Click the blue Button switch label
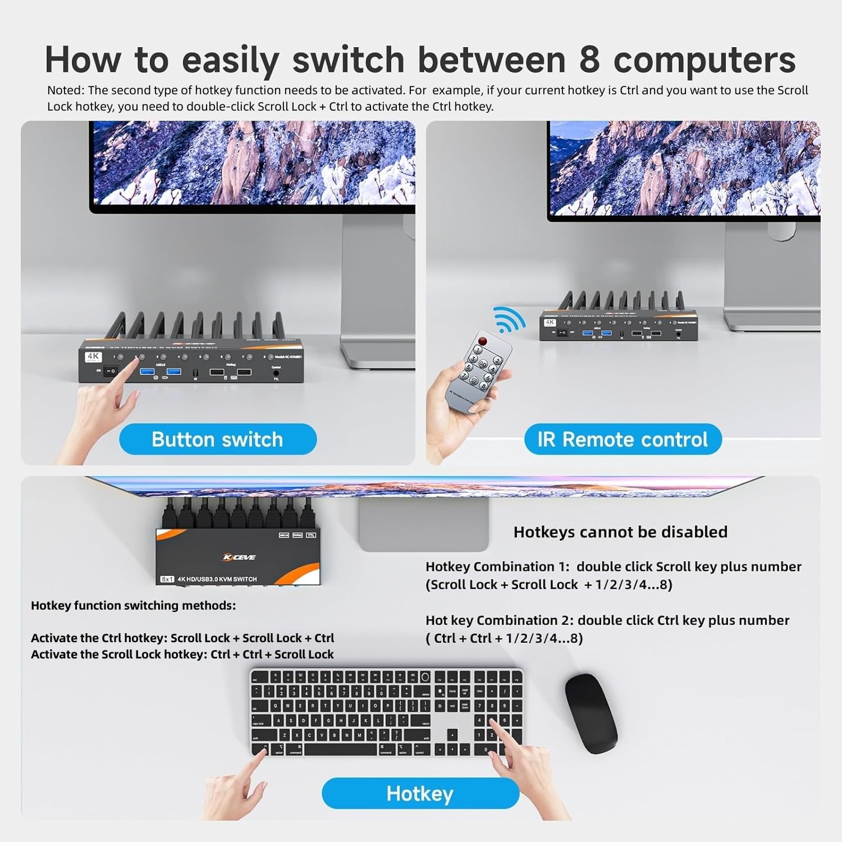click(x=218, y=440)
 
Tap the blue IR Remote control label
click(x=623, y=440)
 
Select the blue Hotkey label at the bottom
click(x=420, y=794)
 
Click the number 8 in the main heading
click(x=589, y=60)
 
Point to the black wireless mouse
click(x=591, y=713)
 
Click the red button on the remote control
click(x=483, y=341)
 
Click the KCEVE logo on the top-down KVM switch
click(x=239, y=557)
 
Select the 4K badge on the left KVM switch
click(x=93, y=356)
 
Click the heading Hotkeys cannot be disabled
click(x=620, y=532)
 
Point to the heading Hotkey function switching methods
click(x=134, y=606)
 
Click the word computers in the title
click(x=704, y=60)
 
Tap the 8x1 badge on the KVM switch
click(x=167, y=579)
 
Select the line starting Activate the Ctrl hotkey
click(x=182, y=638)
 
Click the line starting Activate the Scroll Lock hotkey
click(x=182, y=655)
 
